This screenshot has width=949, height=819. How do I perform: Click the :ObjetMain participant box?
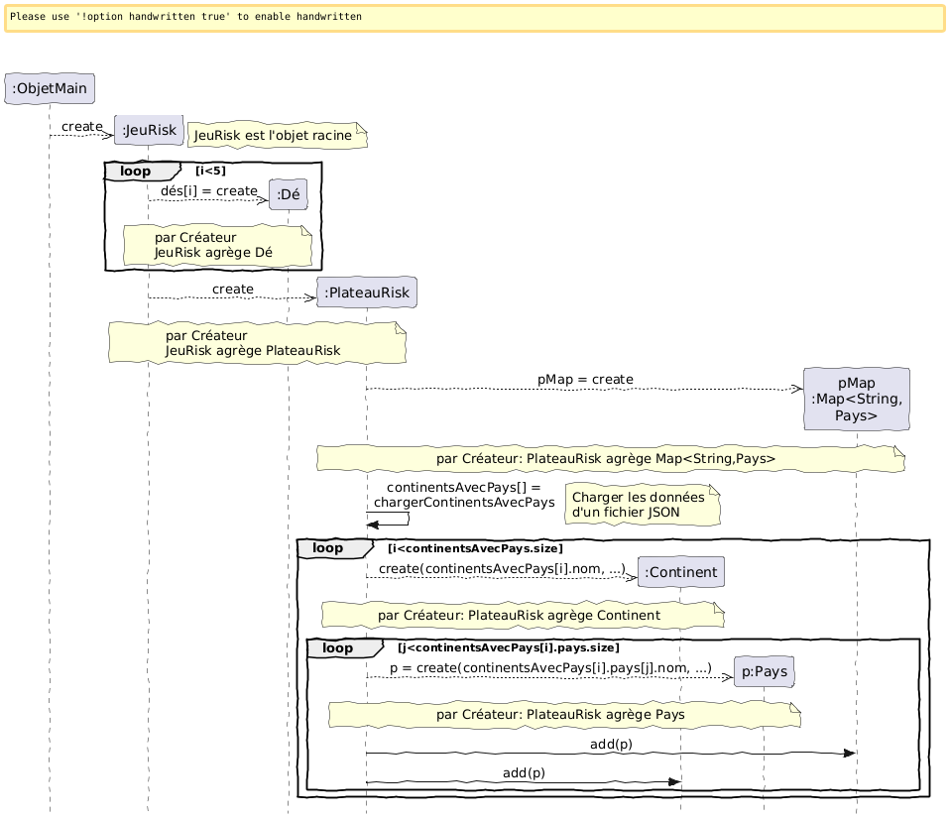(x=50, y=89)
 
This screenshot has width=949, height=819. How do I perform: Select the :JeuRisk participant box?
(x=149, y=129)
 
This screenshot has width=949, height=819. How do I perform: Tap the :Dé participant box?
(x=289, y=195)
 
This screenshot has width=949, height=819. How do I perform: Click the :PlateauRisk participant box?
(x=366, y=292)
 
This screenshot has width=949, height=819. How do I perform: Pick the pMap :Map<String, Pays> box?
(x=856, y=399)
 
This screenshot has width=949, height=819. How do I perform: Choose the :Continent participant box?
(x=680, y=572)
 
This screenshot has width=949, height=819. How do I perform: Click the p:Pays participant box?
(x=764, y=671)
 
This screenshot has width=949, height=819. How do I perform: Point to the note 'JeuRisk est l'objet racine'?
(x=277, y=135)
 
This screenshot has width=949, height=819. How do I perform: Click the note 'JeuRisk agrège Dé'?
(x=217, y=245)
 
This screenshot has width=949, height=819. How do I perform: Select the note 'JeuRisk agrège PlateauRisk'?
(x=257, y=342)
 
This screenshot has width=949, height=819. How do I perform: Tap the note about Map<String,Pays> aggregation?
(x=610, y=458)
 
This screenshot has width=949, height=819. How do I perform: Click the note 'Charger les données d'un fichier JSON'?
(x=643, y=505)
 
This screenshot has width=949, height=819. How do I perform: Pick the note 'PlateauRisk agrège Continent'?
(x=522, y=615)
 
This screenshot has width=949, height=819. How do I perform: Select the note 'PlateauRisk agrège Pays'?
(x=563, y=714)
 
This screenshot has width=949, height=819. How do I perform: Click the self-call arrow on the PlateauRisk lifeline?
(x=389, y=518)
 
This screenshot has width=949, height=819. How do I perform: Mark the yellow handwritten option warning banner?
(x=474, y=18)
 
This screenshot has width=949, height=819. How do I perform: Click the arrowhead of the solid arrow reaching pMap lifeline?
(x=849, y=754)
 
